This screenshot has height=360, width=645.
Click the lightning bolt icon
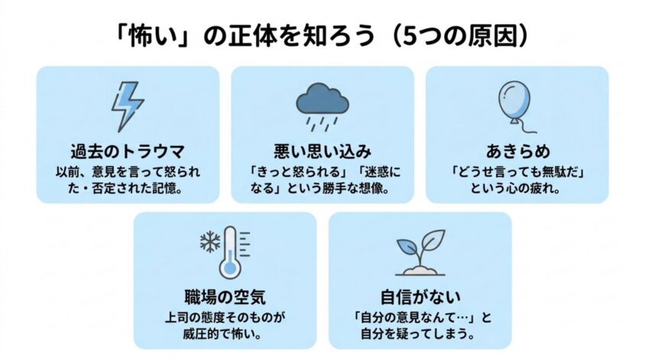click(128, 106)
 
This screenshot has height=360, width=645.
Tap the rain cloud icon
click(322, 106)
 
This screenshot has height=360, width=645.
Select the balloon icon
click(517, 107)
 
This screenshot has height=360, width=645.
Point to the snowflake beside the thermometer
click(210, 242)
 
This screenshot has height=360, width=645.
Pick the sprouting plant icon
click(420, 252)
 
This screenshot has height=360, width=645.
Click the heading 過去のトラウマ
click(128, 151)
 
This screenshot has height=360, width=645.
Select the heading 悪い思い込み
click(322, 151)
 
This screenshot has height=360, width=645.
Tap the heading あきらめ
click(517, 151)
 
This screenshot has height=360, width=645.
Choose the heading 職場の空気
click(225, 297)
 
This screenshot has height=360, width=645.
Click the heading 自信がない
click(420, 297)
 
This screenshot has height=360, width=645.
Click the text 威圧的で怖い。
click(225, 334)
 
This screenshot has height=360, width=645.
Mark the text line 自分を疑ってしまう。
click(420, 334)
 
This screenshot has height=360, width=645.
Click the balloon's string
click(526, 127)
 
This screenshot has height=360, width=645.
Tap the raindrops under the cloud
click(323, 124)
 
